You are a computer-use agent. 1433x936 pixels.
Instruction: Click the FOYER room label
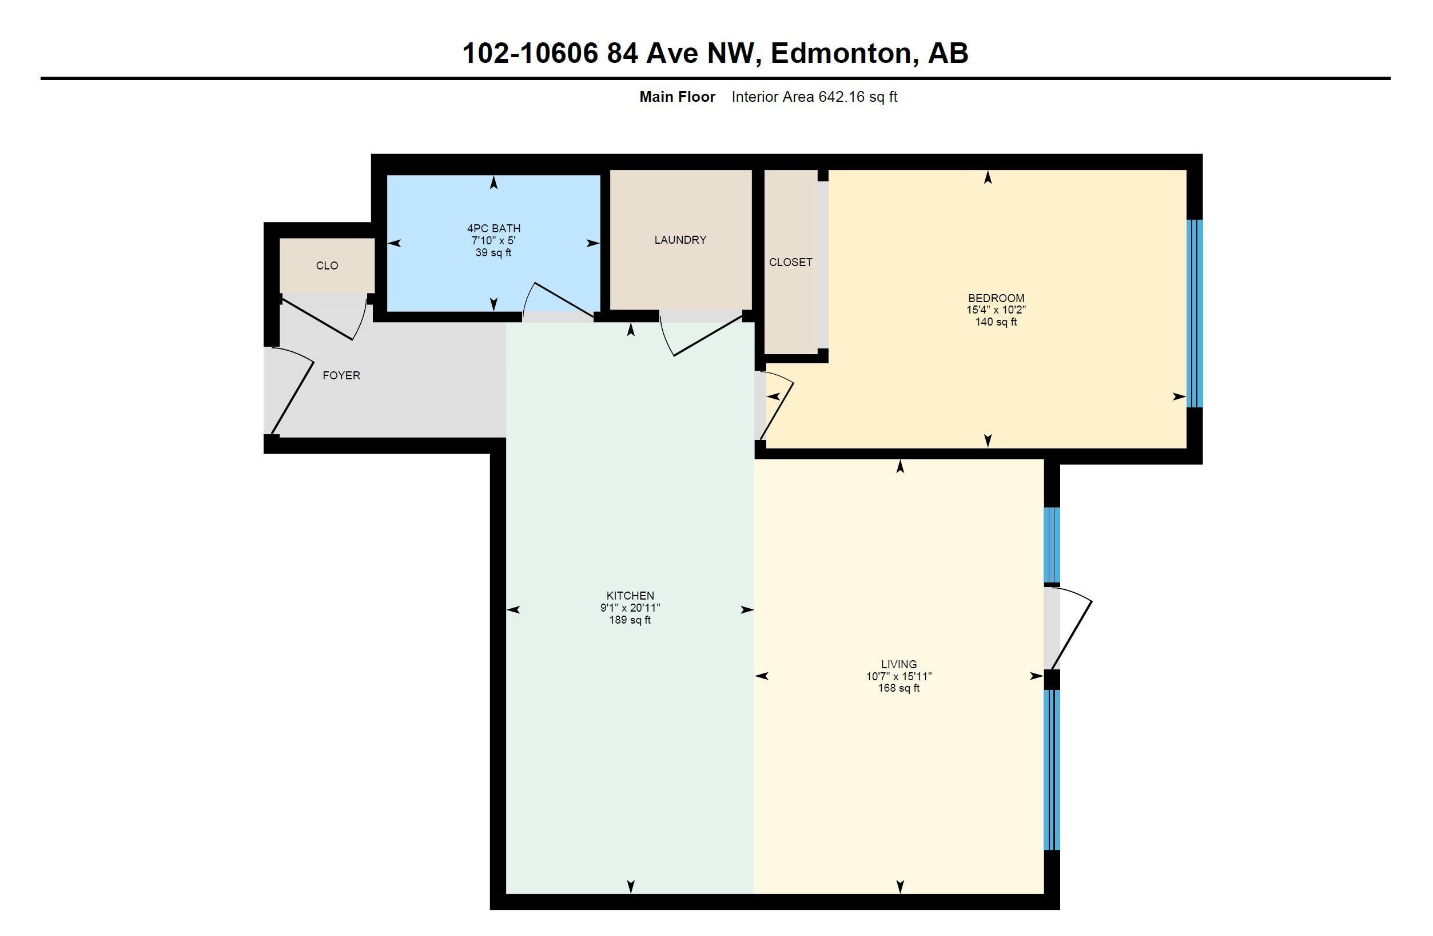pos(341,375)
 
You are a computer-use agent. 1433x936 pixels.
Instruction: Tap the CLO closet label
pos(327,265)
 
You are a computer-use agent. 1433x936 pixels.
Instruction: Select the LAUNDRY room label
pos(680,240)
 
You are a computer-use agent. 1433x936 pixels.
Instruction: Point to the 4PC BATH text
pos(493,228)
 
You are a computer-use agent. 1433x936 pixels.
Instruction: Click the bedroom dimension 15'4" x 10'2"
pos(996,310)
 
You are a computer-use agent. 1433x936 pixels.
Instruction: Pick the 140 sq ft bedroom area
pos(996,322)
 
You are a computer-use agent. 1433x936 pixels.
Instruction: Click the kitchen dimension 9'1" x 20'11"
pos(630,608)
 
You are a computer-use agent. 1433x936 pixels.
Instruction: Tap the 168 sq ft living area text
pos(899,688)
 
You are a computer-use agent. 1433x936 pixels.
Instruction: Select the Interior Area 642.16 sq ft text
pos(814,97)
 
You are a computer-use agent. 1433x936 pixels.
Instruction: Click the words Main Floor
pos(678,97)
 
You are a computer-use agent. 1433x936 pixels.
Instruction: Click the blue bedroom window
pos(1195,313)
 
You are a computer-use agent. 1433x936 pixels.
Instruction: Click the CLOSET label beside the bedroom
pos(791,262)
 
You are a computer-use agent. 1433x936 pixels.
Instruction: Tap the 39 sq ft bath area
pos(493,253)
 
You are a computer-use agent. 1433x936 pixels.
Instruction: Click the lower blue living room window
pos(1051,770)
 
